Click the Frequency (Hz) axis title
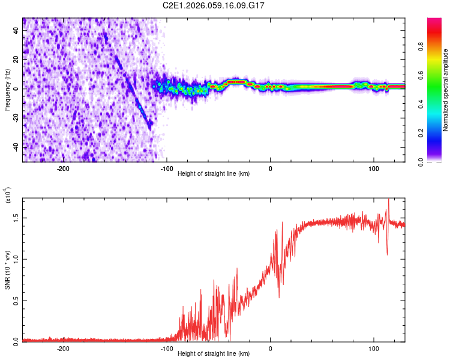pos(7,90)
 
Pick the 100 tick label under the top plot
pos(373,169)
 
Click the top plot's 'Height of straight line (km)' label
pos(214,174)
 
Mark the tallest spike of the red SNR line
pos(389,199)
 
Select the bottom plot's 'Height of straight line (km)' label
pos(214,353)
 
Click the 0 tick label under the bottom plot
pos(270,348)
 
